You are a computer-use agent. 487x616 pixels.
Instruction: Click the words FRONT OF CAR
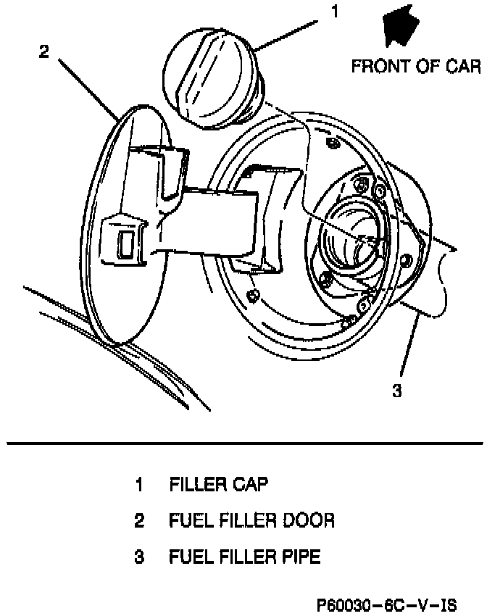(x=416, y=67)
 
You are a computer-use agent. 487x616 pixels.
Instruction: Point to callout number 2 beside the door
(x=44, y=51)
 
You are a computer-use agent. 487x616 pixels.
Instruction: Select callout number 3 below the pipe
(x=396, y=391)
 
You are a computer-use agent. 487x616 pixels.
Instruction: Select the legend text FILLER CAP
(x=218, y=485)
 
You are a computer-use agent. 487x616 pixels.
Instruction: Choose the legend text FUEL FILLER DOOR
(x=251, y=521)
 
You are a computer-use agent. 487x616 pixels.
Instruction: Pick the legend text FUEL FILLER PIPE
(x=244, y=557)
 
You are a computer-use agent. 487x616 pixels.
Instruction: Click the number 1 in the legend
(x=138, y=485)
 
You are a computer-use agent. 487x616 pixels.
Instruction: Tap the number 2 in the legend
(x=138, y=521)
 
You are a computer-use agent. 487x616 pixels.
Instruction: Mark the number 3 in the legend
(x=138, y=557)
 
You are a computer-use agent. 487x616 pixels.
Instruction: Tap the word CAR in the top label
(x=464, y=67)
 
